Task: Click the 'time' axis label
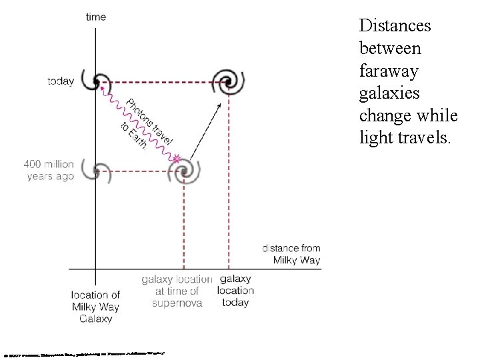click(x=96, y=17)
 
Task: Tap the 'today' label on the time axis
click(x=61, y=82)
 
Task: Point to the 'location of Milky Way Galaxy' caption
click(x=96, y=307)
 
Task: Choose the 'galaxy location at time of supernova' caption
click(x=177, y=291)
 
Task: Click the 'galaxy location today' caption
click(x=235, y=291)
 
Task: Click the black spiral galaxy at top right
click(x=228, y=82)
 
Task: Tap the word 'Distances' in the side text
click(x=395, y=26)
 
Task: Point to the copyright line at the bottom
click(x=84, y=353)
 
